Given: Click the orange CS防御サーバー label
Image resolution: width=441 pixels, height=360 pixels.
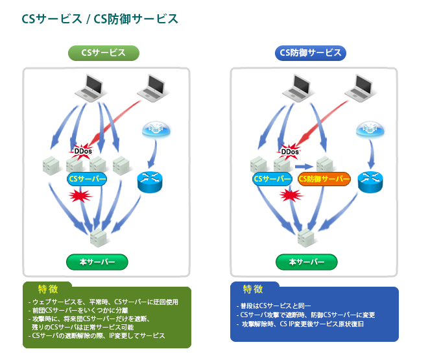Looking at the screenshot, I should tap(324, 178).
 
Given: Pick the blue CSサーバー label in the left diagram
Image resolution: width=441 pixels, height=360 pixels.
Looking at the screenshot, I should tap(88, 178).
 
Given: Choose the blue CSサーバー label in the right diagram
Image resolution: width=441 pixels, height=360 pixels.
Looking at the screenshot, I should tap(272, 178).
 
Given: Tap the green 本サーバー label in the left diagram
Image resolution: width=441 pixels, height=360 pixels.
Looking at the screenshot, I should tap(97, 261).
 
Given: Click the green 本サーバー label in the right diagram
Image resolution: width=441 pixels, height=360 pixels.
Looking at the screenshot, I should tap(306, 261).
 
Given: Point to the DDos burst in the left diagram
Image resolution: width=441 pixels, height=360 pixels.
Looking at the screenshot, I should tap(83, 151).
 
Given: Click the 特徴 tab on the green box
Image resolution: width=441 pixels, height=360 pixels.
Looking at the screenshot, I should tap(47, 289).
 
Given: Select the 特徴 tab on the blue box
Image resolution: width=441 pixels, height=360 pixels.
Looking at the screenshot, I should tap(253, 289).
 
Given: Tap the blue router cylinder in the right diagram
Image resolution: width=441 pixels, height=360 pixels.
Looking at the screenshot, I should tap(370, 179).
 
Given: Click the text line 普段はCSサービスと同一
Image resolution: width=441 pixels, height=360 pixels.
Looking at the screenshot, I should tap(275, 306).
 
